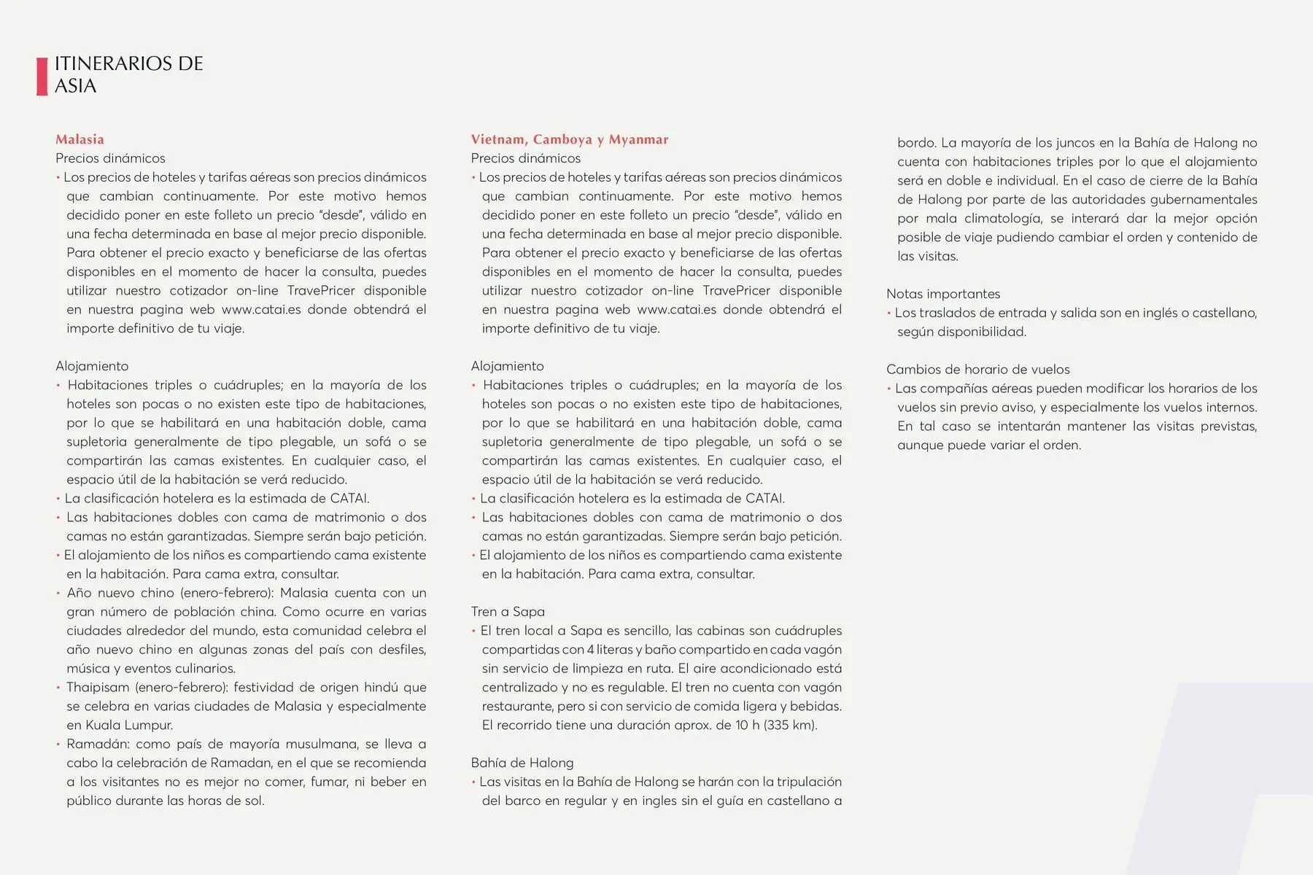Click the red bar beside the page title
click(42, 76)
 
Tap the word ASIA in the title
click(75, 86)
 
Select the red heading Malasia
click(80, 139)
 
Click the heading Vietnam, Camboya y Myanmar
click(569, 139)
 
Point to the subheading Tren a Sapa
click(508, 612)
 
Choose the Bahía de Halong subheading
click(522, 763)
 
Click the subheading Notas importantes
click(943, 294)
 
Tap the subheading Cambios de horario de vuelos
click(977, 370)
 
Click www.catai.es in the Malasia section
click(261, 310)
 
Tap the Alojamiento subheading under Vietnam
click(507, 366)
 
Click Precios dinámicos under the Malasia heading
click(110, 158)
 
